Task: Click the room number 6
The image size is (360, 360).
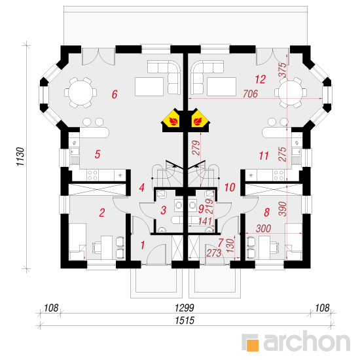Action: tap(115, 94)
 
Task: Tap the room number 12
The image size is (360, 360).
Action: tap(261, 79)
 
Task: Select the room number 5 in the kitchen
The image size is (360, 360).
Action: tap(98, 154)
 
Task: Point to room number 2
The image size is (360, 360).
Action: tap(102, 213)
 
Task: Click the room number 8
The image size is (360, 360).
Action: tap(266, 212)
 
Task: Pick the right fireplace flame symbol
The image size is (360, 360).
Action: tap(198, 122)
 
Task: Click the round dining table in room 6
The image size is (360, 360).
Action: tap(81, 93)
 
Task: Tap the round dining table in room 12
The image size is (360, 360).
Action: tap(291, 92)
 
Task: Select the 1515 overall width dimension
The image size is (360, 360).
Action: tap(185, 321)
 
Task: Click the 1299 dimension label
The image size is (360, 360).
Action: tap(185, 308)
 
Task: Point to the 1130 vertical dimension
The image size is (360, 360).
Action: tap(20, 156)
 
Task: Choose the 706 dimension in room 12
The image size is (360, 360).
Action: tap(250, 94)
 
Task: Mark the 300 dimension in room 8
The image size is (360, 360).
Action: tap(263, 228)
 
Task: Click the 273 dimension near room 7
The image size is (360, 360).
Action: tap(214, 253)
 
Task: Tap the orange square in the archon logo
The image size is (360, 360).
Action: tap(253, 345)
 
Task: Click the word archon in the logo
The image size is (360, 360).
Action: tap(307, 342)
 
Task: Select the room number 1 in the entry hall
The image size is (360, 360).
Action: tap(143, 245)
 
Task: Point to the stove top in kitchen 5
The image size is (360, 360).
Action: tap(92, 175)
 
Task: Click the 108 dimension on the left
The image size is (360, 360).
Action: tap(51, 308)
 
